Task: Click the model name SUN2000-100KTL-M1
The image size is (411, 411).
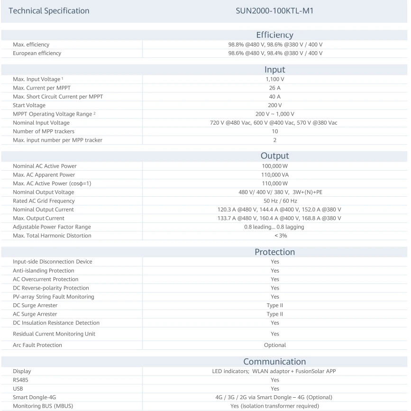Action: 274,10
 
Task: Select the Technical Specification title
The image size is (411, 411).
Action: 49,10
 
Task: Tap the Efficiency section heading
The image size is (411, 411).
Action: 274,35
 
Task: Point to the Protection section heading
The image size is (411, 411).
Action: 274,252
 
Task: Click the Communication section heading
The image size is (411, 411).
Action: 274,362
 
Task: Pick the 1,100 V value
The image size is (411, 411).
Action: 275,79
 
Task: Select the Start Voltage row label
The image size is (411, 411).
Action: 29,105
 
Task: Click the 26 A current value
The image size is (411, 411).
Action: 275,88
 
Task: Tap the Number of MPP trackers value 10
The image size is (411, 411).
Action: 275,131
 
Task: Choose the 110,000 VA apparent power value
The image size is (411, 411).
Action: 275,175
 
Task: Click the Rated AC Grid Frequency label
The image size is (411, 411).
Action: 44,201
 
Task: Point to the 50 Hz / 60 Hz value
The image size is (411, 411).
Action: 275,201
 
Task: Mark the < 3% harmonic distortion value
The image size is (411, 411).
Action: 275,236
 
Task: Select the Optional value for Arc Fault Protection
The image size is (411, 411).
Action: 275,345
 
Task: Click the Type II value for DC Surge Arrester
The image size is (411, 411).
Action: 275,305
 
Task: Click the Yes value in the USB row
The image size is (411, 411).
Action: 275,389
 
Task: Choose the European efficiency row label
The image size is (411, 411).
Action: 37,53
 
